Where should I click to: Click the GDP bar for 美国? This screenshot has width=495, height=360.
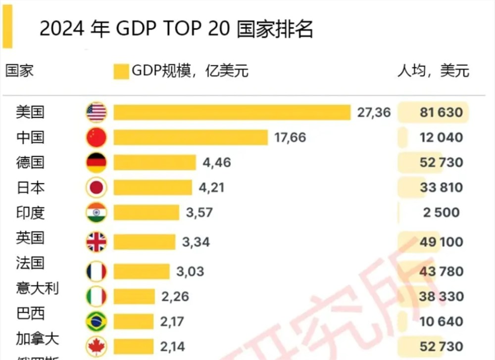[x=232, y=112]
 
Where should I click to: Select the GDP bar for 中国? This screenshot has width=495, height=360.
[x=191, y=137]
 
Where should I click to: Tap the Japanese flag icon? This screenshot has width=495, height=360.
[x=96, y=187]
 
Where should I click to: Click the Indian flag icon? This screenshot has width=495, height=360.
[x=96, y=213]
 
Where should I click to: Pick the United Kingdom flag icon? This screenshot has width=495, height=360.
[x=96, y=242]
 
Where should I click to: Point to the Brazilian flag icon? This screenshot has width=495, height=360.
[x=96, y=321]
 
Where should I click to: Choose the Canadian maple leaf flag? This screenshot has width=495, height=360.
[x=96, y=346]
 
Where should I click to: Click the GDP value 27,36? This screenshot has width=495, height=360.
[x=374, y=112]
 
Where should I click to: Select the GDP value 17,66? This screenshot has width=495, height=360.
[x=290, y=137]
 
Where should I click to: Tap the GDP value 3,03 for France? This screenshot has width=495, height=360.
[x=190, y=271]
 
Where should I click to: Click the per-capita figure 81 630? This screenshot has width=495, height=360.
[x=441, y=112]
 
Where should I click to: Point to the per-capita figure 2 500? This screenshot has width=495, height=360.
[x=441, y=213]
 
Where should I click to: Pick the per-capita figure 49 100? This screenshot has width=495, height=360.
[x=441, y=242]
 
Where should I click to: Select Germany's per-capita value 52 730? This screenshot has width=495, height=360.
[x=441, y=162]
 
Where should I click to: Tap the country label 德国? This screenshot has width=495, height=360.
[x=30, y=162]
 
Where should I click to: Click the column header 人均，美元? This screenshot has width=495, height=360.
[x=433, y=71]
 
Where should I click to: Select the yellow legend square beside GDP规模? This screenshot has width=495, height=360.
[x=121, y=71]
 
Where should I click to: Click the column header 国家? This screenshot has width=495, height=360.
[x=20, y=70]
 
